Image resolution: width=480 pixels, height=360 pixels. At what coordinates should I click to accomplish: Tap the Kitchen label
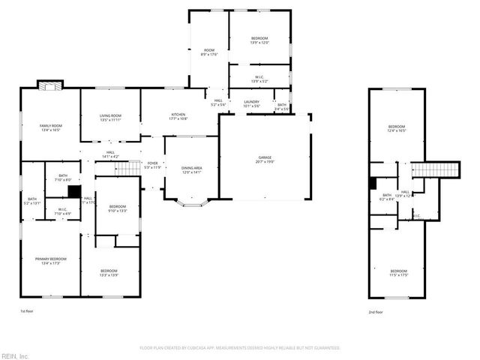point(178,116)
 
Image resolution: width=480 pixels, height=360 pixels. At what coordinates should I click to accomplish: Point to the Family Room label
point(51,127)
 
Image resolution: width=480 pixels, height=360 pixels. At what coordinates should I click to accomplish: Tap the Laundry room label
point(251,104)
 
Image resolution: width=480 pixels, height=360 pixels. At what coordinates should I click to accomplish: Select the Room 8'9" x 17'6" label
point(208,52)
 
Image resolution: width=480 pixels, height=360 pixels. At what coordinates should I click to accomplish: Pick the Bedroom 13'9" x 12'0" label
point(259,40)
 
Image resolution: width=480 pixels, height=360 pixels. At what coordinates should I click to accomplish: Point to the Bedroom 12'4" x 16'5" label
point(397,128)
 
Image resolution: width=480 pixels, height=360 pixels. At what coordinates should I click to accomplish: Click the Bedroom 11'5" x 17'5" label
point(398,273)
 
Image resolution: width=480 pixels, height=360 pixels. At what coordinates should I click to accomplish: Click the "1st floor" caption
point(28,311)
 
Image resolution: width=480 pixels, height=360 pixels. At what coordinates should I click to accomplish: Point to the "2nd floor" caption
point(376,311)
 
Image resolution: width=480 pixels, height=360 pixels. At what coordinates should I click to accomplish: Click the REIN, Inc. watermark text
point(15,355)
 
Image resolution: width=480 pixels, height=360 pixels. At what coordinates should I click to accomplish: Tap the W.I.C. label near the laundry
point(259,78)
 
